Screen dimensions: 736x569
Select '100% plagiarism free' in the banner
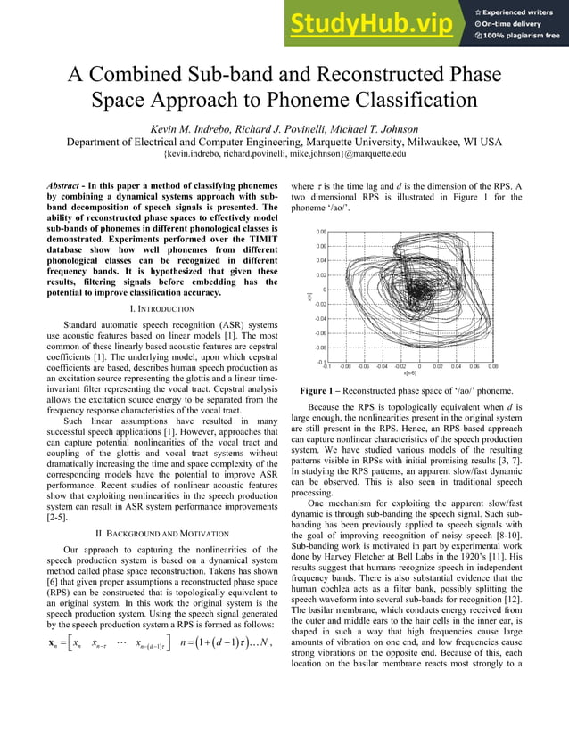[523, 36]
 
